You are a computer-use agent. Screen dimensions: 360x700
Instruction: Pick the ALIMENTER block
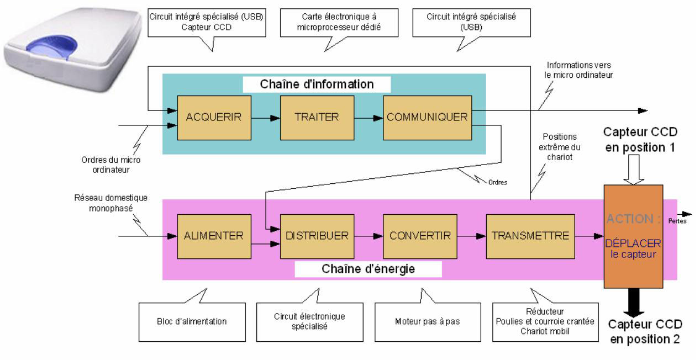coord(214,236)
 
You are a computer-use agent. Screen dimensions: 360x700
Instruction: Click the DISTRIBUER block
coord(317,236)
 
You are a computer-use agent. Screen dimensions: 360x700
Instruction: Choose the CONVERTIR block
coord(419,236)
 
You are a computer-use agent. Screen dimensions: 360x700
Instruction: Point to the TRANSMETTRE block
coord(530,236)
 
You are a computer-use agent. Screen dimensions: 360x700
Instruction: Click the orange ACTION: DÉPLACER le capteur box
coord(633,236)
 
